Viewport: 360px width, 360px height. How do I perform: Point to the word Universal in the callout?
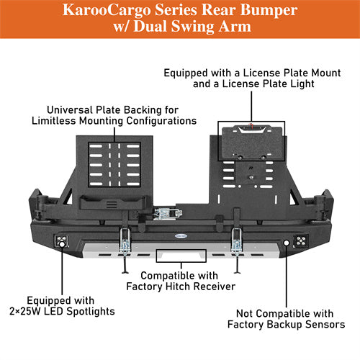[73, 109]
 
